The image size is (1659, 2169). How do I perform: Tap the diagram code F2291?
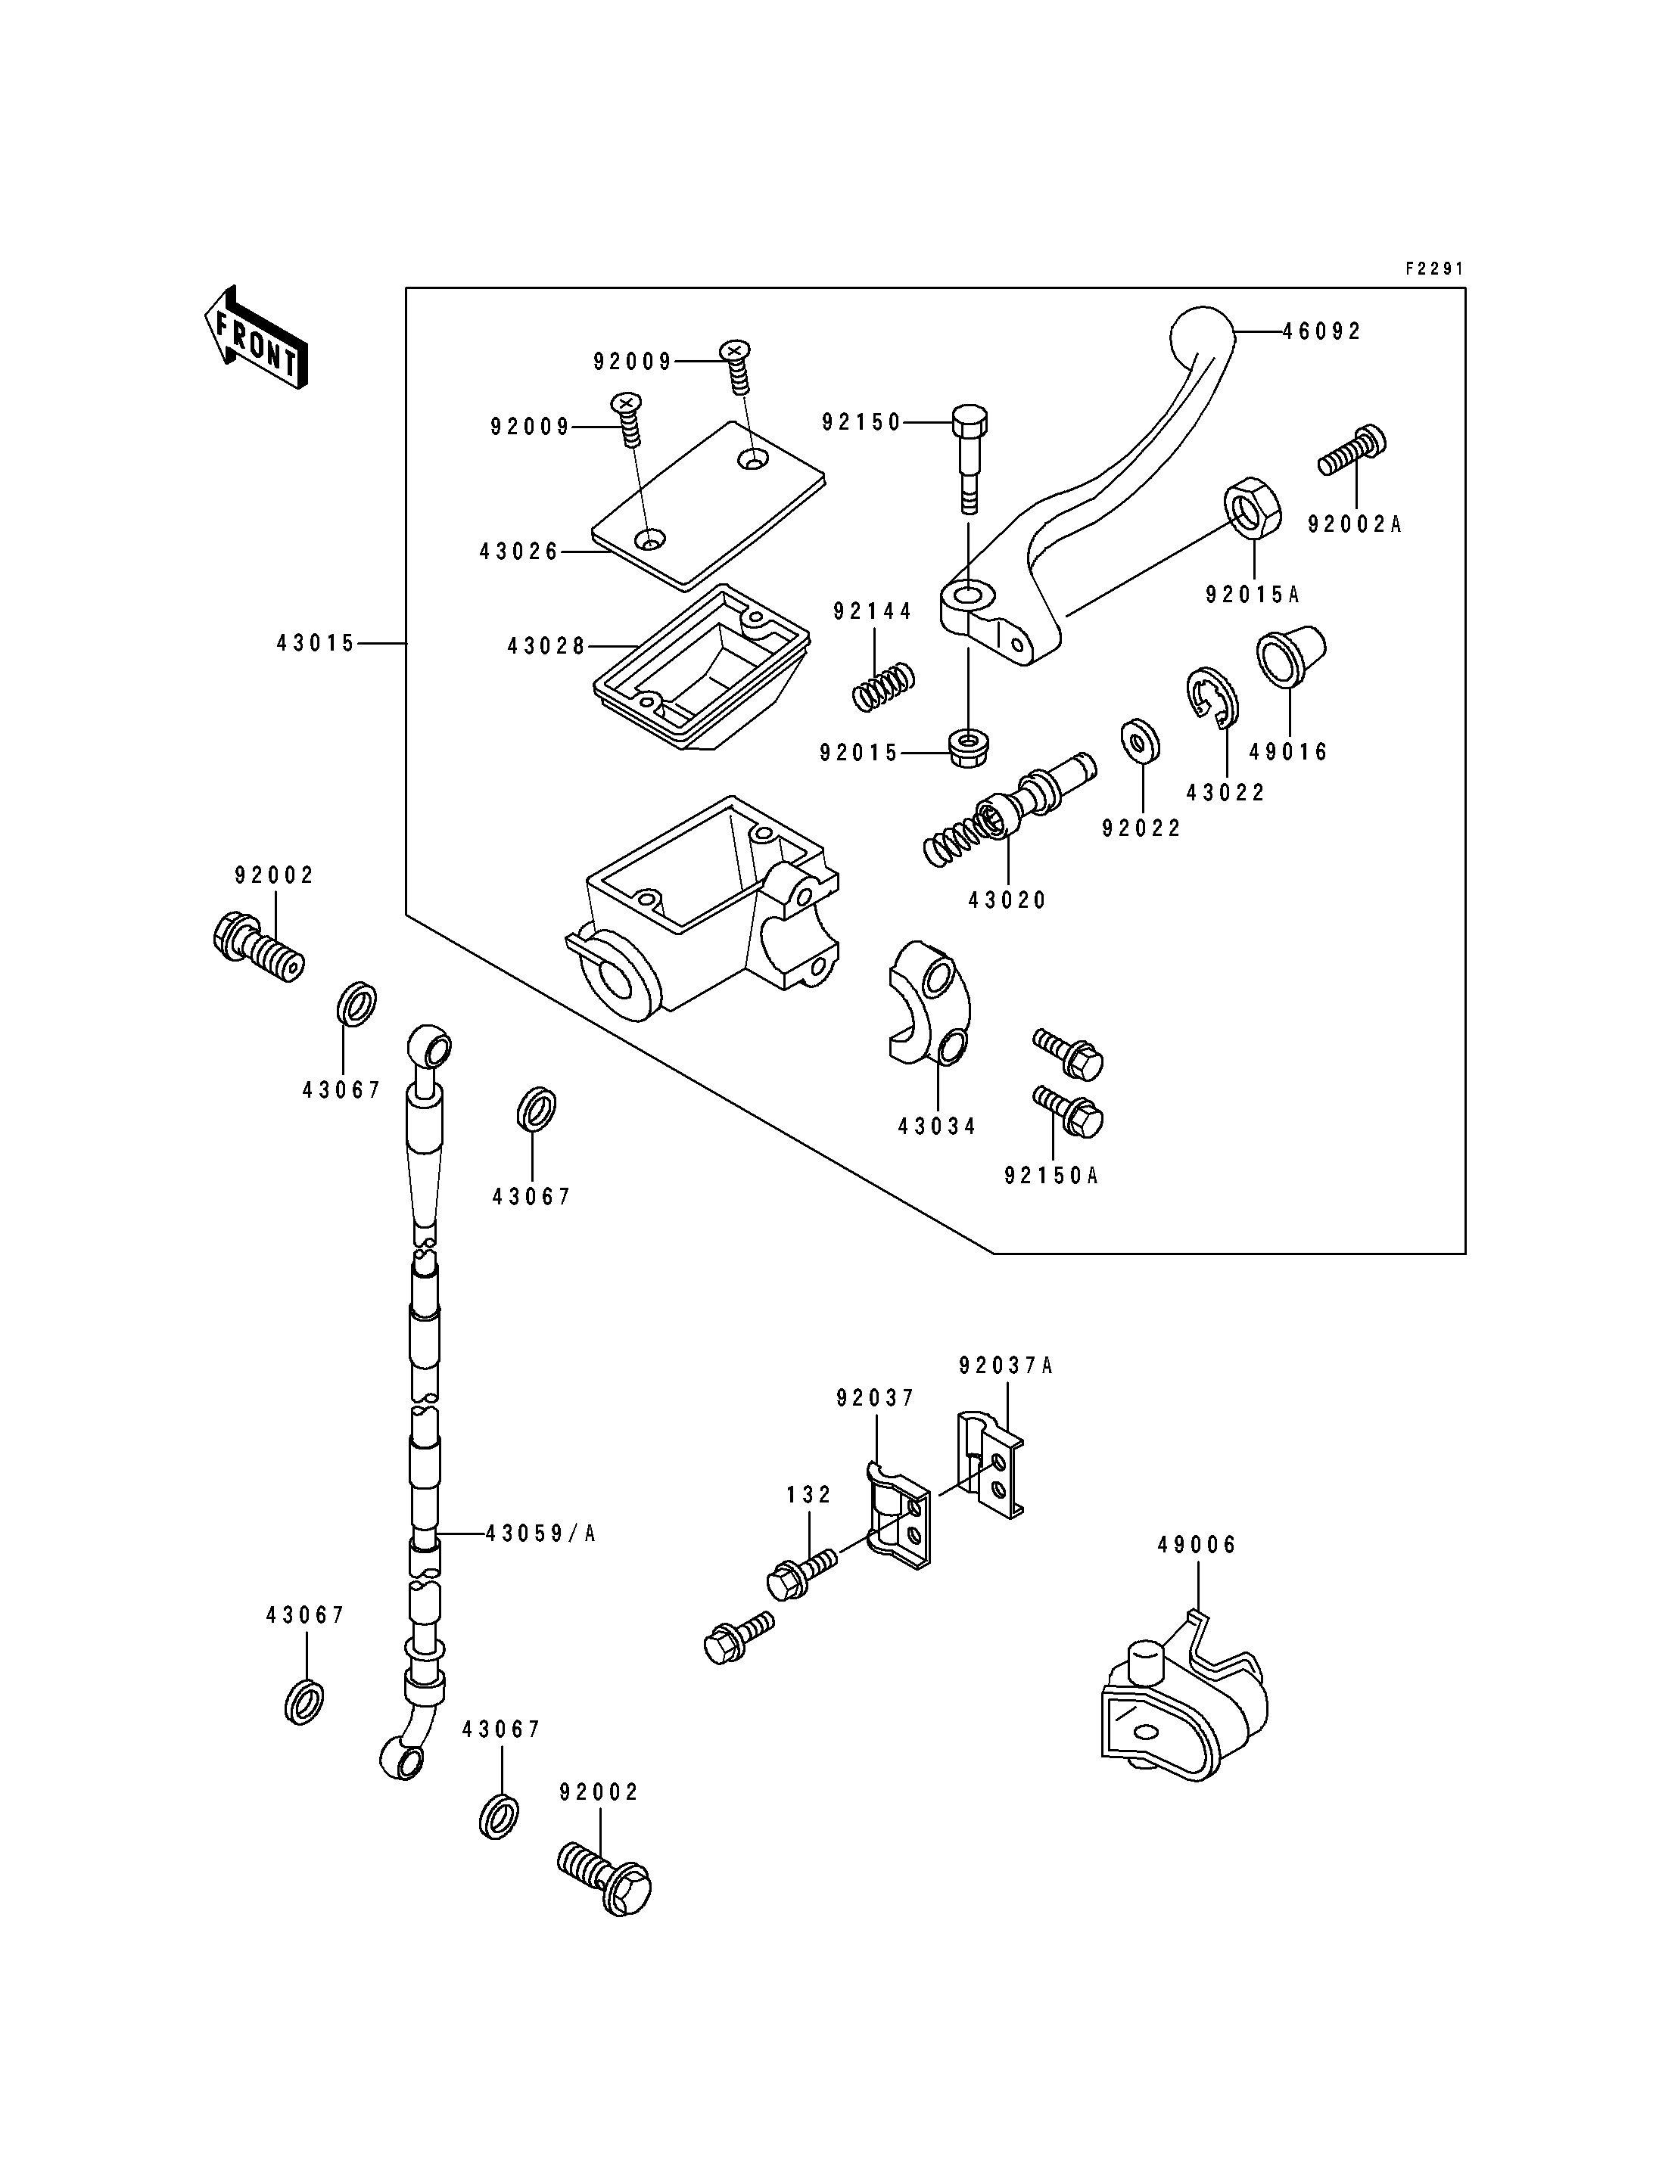point(1434,269)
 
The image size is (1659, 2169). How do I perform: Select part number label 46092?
point(1321,331)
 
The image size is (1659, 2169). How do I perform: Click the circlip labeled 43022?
point(1212,700)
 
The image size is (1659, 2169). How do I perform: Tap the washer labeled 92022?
point(1141,741)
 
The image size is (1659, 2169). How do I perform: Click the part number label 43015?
point(315,644)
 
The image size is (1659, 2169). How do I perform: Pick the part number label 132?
point(809,1495)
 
